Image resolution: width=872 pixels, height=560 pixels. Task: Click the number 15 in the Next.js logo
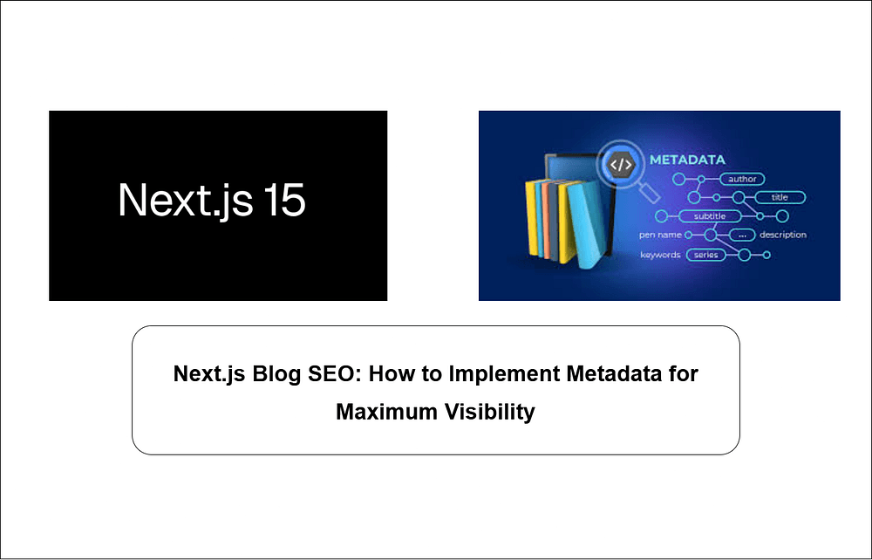tap(283, 201)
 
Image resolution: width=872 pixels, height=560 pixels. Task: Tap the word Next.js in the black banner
tap(185, 201)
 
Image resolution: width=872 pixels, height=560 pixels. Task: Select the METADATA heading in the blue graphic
tap(687, 160)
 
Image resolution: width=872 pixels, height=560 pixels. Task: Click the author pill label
tap(742, 179)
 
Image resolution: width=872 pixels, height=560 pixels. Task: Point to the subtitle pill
tap(710, 216)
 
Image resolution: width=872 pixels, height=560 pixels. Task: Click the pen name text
tap(660, 235)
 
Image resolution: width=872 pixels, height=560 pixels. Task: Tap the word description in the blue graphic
tap(783, 235)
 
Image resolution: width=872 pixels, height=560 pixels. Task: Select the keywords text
tap(660, 255)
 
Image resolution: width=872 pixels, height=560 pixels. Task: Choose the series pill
tap(706, 255)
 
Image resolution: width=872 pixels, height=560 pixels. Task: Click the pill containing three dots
tap(742, 235)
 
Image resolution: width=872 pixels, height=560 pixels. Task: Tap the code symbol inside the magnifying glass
tap(621, 164)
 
